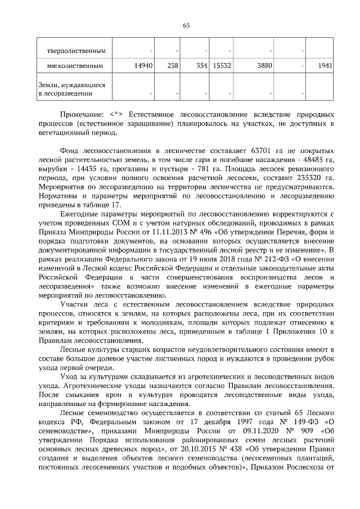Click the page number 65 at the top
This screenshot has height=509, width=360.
pos(187,25)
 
